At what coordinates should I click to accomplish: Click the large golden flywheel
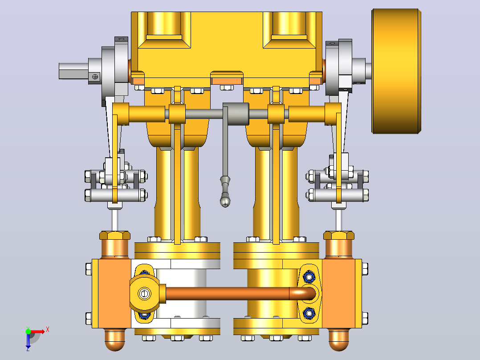[x=396, y=71]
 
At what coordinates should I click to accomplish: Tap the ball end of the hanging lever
[x=225, y=201]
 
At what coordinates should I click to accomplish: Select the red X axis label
[x=48, y=330]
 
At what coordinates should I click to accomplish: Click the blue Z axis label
[x=28, y=348]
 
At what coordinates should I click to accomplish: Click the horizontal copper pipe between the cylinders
[x=228, y=294]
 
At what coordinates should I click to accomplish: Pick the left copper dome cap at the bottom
[x=115, y=340]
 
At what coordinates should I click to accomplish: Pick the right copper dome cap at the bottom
[x=339, y=340]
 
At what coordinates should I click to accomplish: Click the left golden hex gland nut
[x=115, y=235]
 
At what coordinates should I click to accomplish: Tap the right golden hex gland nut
[x=339, y=235]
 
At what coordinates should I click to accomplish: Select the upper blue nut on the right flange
[x=309, y=277]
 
